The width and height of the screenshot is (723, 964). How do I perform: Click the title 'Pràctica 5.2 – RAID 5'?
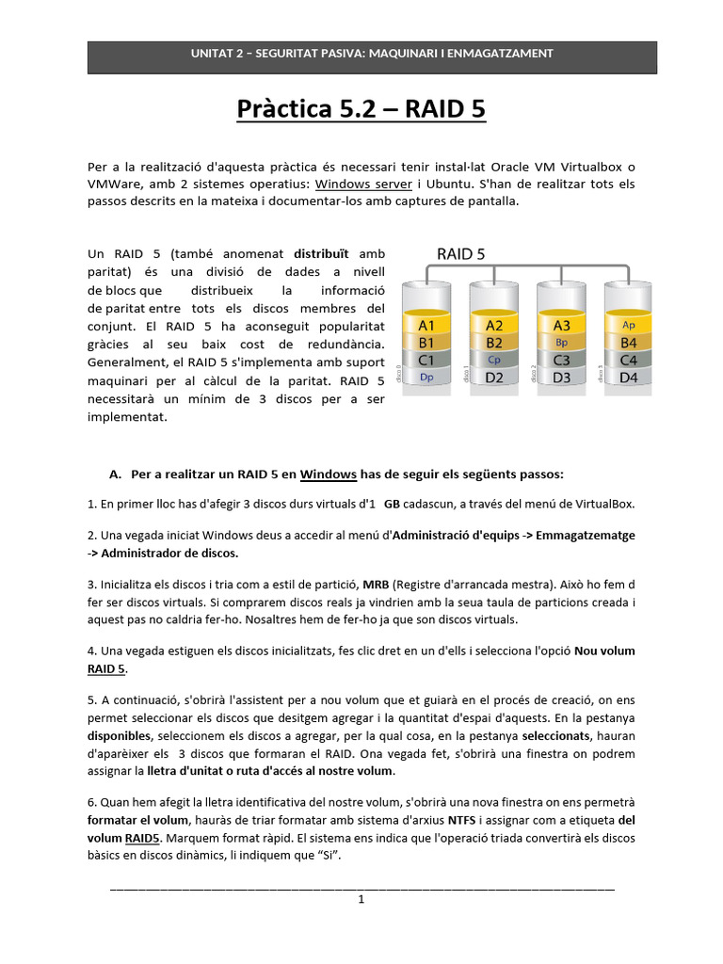coord(361,110)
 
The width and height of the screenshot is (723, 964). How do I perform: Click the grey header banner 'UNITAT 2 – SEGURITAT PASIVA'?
coord(372,55)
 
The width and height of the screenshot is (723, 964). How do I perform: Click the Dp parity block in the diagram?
coord(426,377)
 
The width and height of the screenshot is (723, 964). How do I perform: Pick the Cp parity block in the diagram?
coord(494,360)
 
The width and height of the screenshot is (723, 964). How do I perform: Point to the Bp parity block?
coord(562,343)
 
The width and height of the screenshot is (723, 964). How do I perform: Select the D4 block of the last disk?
coord(629,377)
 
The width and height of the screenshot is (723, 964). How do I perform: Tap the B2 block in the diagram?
coord(494,343)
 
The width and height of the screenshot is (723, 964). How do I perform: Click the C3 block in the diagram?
coord(562,360)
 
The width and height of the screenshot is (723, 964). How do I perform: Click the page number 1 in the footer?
coord(361,899)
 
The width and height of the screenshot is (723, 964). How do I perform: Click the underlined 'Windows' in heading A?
coord(328,473)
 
